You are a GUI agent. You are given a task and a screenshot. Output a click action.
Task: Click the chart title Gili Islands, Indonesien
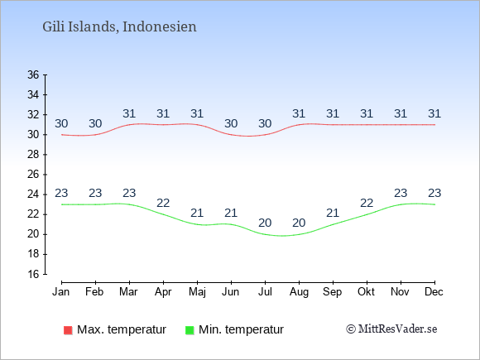[x=119, y=27]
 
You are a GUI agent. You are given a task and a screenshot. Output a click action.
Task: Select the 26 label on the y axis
[x=33, y=175]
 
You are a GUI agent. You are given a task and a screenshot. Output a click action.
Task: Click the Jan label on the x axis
[x=61, y=292]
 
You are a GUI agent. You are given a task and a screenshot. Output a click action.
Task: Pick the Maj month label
[x=197, y=292]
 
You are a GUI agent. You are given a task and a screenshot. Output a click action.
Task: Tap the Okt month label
[x=366, y=292]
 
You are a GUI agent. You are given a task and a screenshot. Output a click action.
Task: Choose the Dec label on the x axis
[x=434, y=292]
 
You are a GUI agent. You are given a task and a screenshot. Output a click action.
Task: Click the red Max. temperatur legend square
[x=68, y=330]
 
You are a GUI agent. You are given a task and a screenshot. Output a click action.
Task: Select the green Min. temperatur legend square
[x=190, y=330]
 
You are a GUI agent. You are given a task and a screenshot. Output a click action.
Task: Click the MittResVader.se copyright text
[x=391, y=329]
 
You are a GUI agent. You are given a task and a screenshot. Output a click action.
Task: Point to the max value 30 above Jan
[x=61, y=123]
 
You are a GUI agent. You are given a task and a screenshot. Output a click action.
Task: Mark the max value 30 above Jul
[x=265, y=123]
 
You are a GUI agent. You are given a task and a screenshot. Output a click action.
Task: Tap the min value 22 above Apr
[x=163, y=203]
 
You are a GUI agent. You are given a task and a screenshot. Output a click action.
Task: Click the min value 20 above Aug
[x=299, y=223]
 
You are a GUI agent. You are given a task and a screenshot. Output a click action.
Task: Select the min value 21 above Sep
[x=333, y=213]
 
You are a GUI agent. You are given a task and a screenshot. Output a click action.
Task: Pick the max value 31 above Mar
[x=129, y=114]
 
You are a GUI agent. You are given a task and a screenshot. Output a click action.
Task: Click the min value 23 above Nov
[x=401, y=193]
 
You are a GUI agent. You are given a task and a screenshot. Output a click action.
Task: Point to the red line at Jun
[x=231, y=134]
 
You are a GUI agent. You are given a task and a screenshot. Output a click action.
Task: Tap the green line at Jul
[x=265, y=234]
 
